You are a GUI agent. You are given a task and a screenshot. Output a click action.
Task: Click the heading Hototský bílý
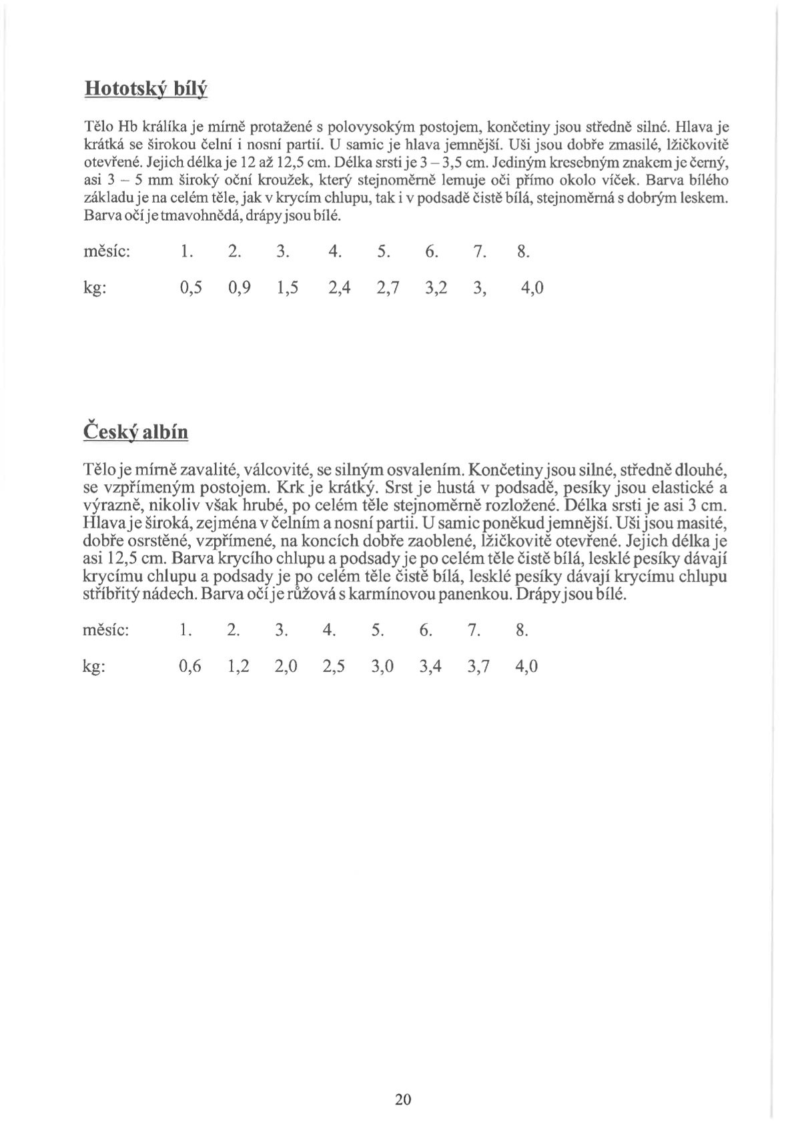(x=146, y=89)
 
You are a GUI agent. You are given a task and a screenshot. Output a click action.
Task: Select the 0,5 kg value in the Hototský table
(x=191, y=288)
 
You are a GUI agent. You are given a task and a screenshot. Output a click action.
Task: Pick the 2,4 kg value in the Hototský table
(x=340, y=288)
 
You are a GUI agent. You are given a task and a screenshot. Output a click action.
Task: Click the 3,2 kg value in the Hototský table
(x=436, y=288)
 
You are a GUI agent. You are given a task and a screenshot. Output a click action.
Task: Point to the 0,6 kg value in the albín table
(x=190, y=666)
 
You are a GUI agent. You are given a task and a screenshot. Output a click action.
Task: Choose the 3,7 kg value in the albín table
(x=478, y=666)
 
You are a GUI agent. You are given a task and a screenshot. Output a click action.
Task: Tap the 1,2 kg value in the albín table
(x=238, y=666)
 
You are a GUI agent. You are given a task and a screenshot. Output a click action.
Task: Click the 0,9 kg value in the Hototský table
(x=239, y=288)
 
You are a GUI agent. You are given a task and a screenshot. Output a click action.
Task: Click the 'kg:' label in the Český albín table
(x=94, y=667)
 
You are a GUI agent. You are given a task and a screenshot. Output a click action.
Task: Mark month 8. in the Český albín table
(x=522, y=630)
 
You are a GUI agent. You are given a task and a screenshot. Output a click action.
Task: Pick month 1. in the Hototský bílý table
(x=187, y=253)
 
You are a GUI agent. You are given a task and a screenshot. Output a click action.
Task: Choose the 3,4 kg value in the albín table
(x=430, y=666)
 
